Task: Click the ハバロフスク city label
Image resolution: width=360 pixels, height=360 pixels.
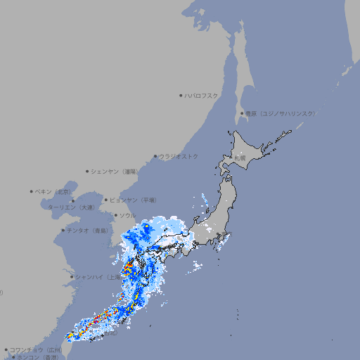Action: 202,95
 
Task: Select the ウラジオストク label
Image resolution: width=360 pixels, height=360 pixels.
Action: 179,156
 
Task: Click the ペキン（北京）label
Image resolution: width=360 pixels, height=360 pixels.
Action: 53,191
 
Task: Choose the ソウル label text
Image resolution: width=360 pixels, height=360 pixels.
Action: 127,215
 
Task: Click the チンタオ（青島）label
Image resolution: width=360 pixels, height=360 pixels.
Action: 88,231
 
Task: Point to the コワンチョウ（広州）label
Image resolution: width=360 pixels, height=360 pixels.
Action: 35,349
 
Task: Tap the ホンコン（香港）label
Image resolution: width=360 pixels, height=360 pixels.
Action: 39,357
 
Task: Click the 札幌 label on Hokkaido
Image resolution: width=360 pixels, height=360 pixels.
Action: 241,159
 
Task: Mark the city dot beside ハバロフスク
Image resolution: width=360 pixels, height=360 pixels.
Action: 181,95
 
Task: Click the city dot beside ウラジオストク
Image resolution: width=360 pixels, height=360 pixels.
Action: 155,156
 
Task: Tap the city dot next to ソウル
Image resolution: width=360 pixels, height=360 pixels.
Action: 115,215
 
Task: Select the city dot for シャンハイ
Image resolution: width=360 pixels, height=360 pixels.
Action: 72,277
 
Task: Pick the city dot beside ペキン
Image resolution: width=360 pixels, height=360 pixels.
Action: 32,191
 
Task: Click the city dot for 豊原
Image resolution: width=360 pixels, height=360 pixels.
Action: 242,113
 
